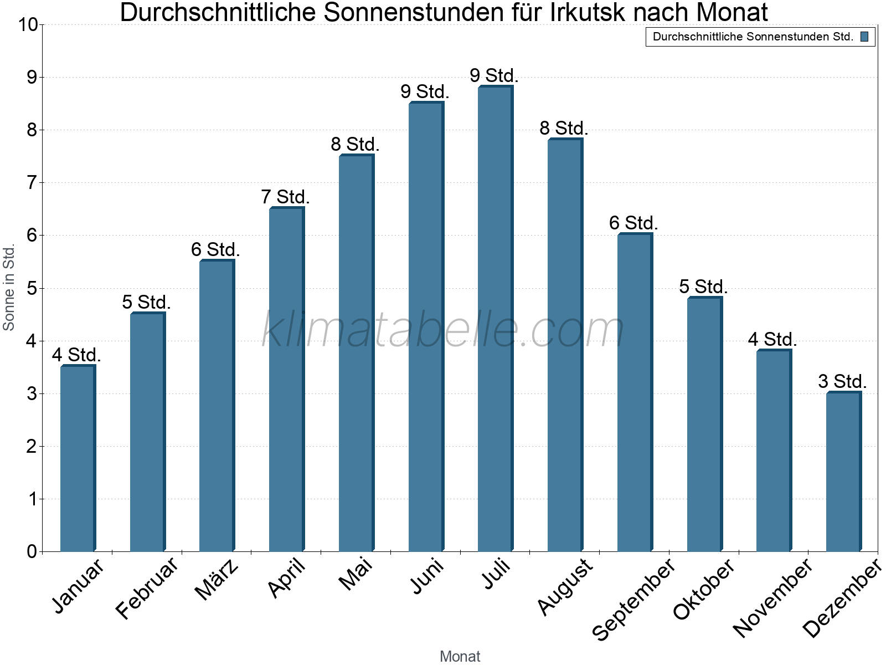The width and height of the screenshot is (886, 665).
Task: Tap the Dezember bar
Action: point(843,472)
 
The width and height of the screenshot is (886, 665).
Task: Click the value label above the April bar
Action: point(285,197)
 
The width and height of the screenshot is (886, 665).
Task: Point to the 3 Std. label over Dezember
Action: point(842,381)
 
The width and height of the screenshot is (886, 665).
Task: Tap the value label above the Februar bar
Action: point(146,302)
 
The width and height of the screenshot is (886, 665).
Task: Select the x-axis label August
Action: point(565,586)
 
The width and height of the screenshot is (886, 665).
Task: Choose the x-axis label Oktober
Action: point(704,589)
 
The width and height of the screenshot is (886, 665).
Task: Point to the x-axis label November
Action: point(773,597)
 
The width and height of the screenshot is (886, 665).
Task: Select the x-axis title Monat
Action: point(460,656)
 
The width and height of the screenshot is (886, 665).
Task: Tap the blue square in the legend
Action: point(864,37)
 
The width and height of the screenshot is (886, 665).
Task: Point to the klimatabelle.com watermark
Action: point(443,330)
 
